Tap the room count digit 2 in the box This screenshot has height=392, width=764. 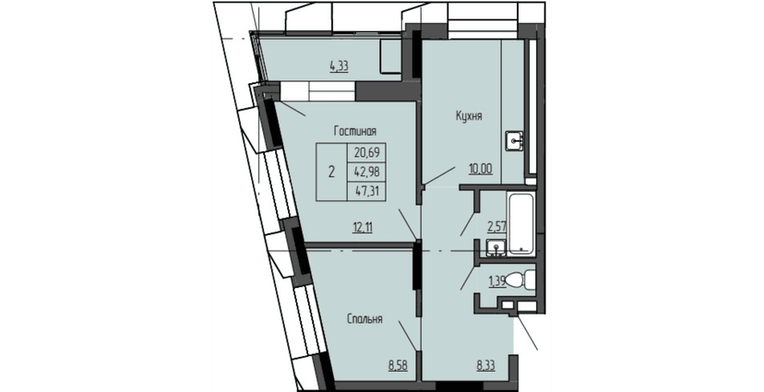[331, 172]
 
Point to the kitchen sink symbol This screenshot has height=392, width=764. [512, 141]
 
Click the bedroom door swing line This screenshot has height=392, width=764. [406, 333]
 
